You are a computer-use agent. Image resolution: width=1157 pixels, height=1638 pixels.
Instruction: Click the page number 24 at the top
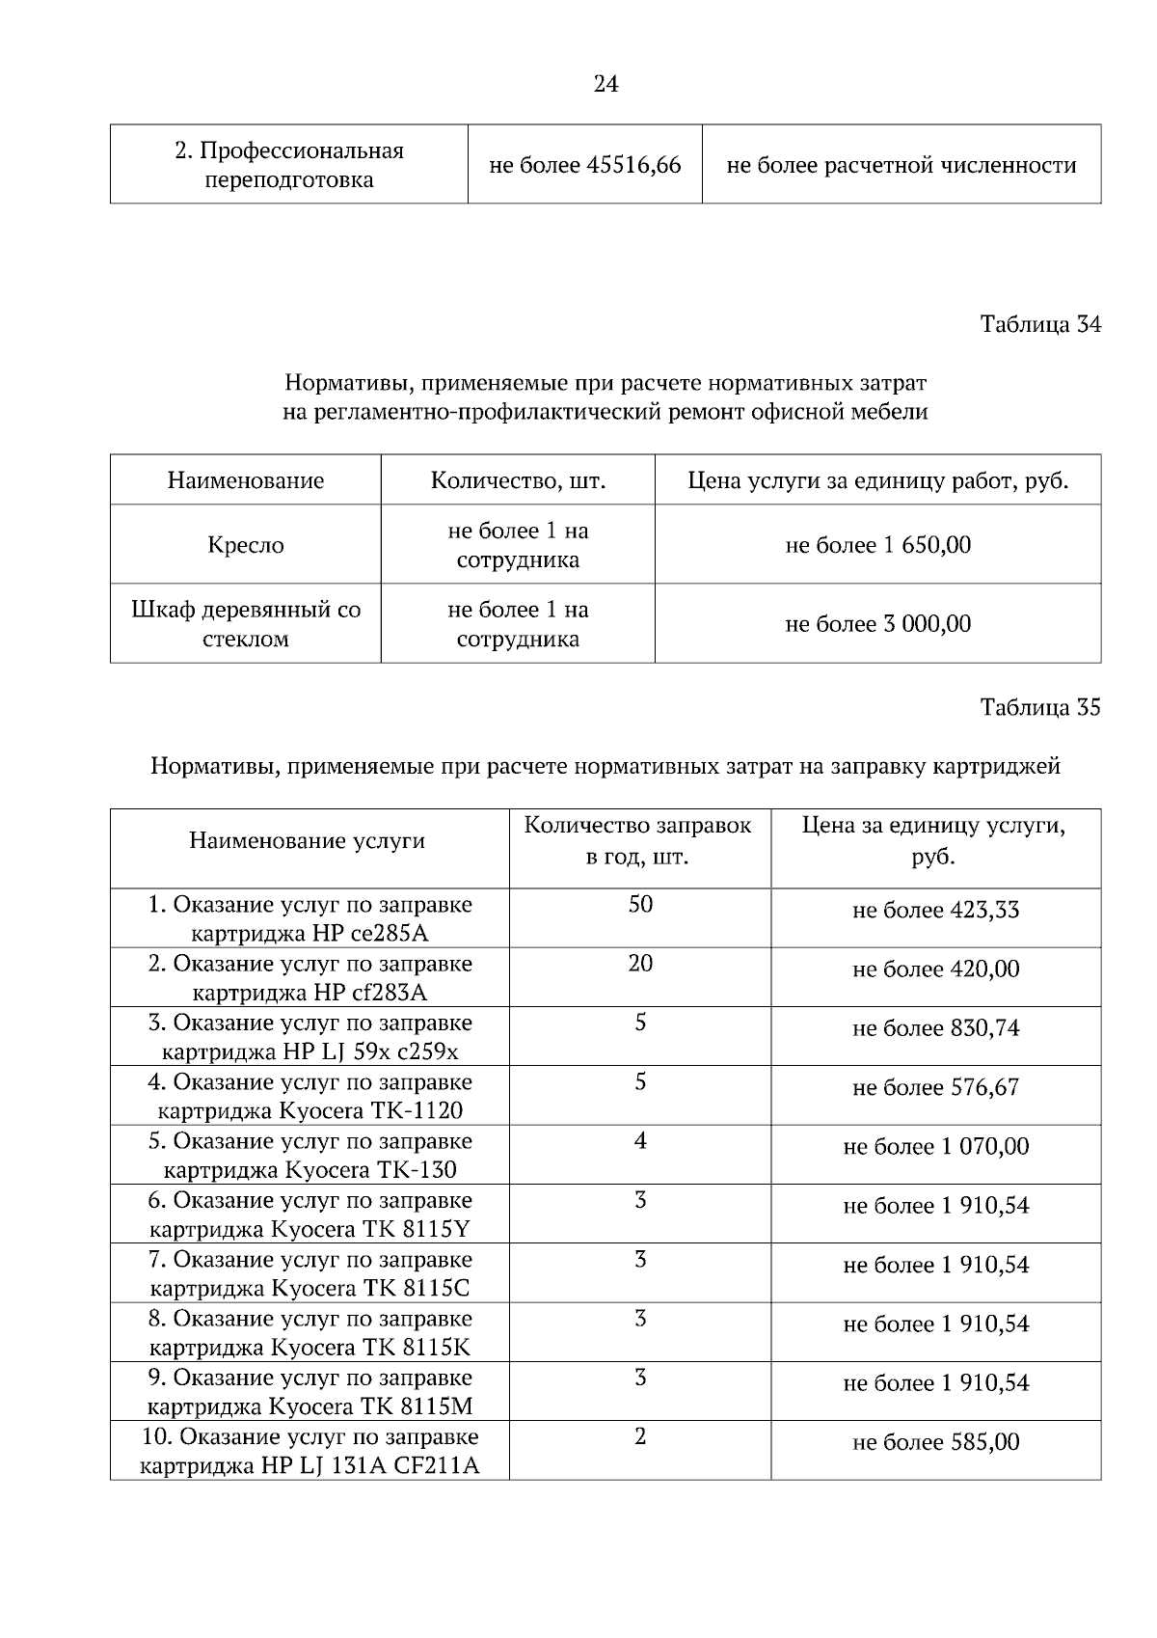coord(605,85)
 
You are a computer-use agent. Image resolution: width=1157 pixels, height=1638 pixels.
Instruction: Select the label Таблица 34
coord(1039,324)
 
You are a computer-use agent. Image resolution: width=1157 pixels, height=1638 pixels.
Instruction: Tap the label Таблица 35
coord(1039,708)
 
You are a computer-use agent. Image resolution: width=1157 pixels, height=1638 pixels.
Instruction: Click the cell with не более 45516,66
coord(585,165)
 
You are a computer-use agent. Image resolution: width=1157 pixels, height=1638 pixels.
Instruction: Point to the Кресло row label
coord(246,545)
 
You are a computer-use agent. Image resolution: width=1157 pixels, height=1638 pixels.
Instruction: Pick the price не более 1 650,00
coord(877,545)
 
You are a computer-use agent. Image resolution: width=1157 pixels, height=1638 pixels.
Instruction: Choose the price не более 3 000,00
coord(877,624)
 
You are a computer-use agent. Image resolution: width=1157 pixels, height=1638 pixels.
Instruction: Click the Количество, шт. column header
coord(518,480)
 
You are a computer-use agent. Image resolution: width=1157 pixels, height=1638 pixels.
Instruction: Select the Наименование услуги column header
coord(308,841)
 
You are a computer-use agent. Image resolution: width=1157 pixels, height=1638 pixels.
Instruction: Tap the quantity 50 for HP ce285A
coord(640,905)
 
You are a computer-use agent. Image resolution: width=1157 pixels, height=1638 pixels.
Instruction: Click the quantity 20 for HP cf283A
coord(640,964)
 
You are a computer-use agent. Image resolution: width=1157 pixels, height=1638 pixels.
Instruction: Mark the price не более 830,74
coord(935,1028)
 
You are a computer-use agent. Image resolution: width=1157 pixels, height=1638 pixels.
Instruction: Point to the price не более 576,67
coord(935,1088)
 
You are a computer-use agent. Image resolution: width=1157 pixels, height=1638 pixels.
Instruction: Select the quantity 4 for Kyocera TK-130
coord(640,1141)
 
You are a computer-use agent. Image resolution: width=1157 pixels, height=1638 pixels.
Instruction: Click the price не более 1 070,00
coord(935,1147)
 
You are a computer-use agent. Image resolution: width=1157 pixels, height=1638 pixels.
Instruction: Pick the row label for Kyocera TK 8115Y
coord(309,1215)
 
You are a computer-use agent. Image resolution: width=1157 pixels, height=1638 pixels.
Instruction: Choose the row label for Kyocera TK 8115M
coord(309,1392)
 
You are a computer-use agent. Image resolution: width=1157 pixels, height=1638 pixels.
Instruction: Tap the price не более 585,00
coord(935,1443)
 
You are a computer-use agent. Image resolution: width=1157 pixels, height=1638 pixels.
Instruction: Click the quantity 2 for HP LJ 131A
coord(640,1437)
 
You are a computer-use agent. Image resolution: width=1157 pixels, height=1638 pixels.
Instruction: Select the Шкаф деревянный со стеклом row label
coord(246,624)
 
